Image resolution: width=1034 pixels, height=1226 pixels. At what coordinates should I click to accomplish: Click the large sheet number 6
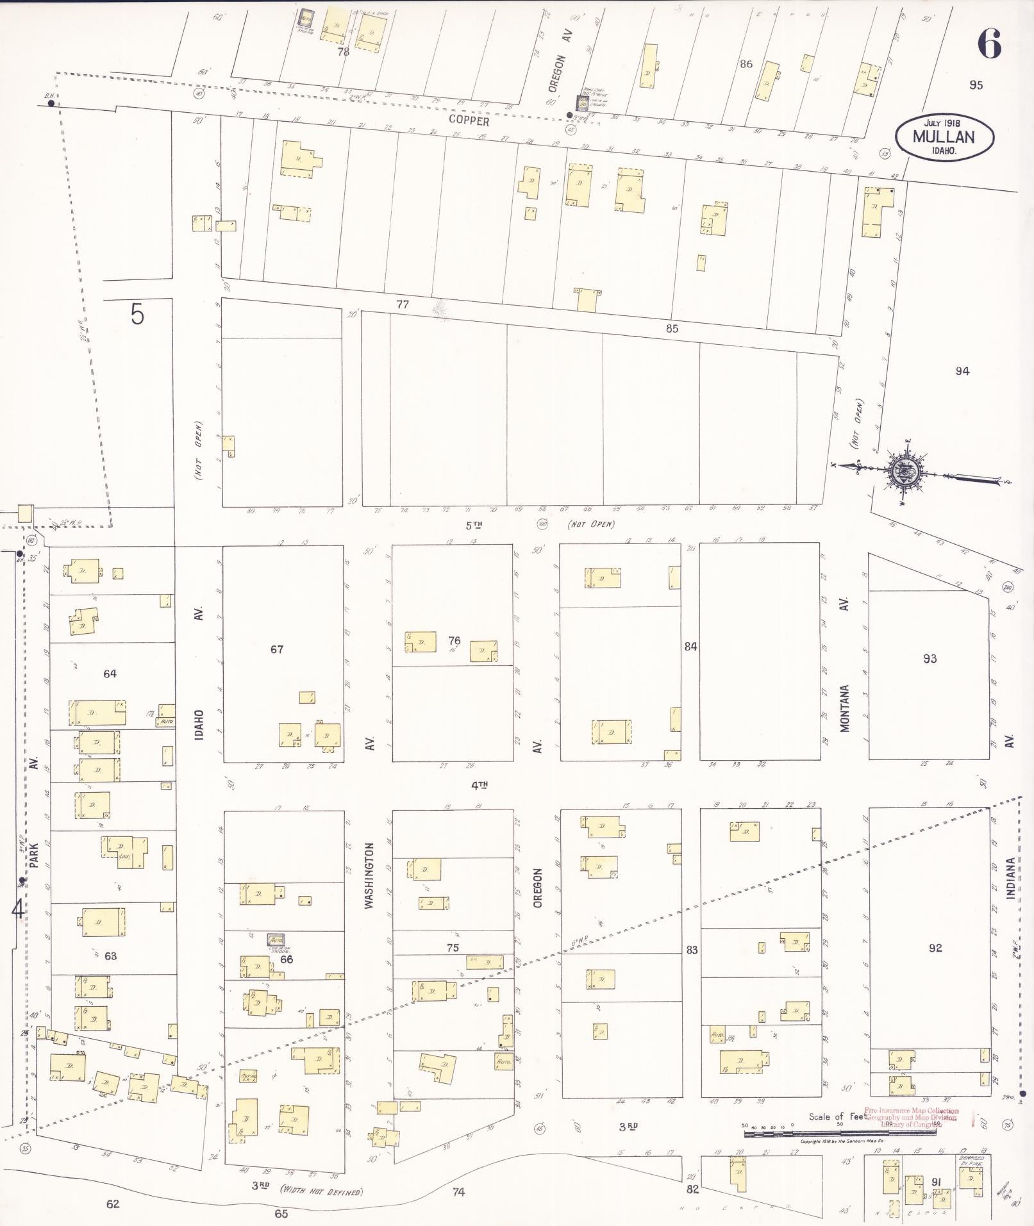coord(989,44)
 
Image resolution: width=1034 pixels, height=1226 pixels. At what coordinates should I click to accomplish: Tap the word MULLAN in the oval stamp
coord(944,137)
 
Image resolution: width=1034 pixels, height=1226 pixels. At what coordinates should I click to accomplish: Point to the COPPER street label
coord(469,120)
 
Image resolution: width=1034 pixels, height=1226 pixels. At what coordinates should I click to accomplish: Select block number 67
coord(276,649)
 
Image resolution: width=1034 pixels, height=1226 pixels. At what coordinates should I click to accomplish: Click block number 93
coord(930,658)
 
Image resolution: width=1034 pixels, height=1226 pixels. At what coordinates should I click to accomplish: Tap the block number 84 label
coord(690,647)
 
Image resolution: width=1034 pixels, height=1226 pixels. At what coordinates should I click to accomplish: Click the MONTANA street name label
coord(845,708)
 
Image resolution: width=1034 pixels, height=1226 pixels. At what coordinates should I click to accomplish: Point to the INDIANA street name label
coord(1010,879)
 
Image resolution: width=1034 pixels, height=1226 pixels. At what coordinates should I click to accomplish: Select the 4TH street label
coord(479,784)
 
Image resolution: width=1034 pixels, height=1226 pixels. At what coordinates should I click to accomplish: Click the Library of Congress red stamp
coord(910,1118)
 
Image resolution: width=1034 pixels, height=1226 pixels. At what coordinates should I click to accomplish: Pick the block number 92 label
coord(935,948)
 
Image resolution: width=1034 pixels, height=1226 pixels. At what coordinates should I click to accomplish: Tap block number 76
coord(454,640)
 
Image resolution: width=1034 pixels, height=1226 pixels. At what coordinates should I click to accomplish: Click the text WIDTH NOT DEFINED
coord(321,1191)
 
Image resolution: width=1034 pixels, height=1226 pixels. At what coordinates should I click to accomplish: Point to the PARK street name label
coord(33,855)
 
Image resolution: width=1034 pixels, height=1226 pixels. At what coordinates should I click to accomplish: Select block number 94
coord(962,371)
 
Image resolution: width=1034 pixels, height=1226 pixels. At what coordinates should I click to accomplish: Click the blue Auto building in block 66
coord(276,940)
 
